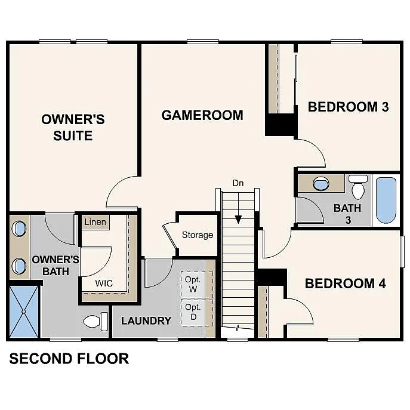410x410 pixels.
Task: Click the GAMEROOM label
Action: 202,115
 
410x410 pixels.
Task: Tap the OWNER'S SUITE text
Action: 73,127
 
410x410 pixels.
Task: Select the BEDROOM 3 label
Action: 348,107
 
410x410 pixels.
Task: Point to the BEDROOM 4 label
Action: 345,283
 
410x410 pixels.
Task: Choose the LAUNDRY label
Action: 146,321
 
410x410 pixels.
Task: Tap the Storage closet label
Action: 198,235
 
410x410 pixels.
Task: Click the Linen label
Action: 95,223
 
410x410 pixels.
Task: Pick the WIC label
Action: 104,283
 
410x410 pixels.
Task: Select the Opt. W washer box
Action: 192,284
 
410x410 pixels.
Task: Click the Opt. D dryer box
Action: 192,312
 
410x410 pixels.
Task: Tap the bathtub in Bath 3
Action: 386,200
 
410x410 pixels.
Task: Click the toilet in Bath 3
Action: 358,187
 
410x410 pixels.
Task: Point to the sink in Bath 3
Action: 321,183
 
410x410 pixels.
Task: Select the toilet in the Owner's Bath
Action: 94,322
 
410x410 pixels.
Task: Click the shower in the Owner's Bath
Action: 24,312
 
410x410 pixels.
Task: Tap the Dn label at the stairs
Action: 238,183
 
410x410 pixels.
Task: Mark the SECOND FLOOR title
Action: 69,359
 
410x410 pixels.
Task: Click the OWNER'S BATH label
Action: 56,266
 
